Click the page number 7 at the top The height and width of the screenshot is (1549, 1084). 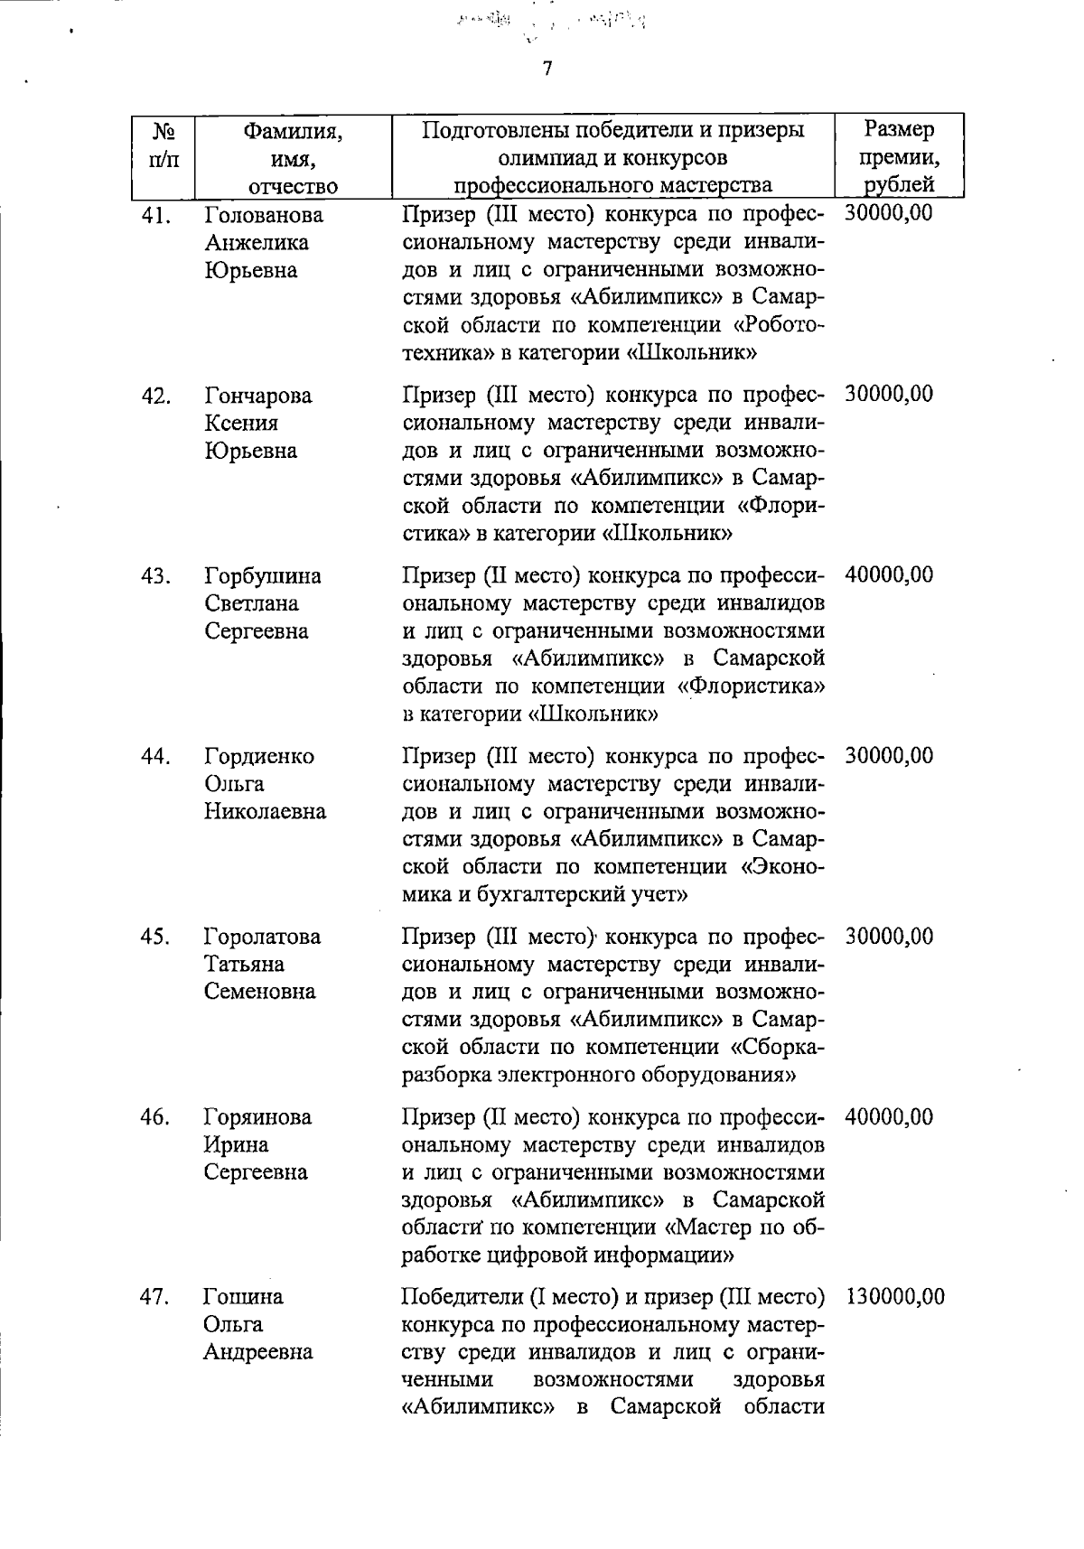coord(547,70)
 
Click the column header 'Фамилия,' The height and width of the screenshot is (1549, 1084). coord(294,132)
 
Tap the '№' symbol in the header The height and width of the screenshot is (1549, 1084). coord(164,132)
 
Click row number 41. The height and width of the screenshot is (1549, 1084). coord(157,216)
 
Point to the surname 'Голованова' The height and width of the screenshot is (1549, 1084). coord(263,216)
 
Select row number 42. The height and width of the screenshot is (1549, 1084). coord(157,396)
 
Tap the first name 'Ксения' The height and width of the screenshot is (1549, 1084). coord(241,424)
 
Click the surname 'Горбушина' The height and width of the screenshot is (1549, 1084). coord(262,576)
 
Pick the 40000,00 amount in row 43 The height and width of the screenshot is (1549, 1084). coord(889,575)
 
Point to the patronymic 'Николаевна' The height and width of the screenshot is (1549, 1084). coord(265,812)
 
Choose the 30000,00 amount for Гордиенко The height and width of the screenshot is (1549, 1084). coord(889,756)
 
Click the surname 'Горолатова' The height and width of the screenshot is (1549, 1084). coord(262,937)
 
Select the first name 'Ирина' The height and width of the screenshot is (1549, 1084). coord(236,1145)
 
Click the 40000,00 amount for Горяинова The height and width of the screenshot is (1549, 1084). coord(889,1117)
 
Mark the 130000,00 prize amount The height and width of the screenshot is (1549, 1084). coord(894,1297)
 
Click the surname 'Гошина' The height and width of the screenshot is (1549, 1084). coord(243,1297)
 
